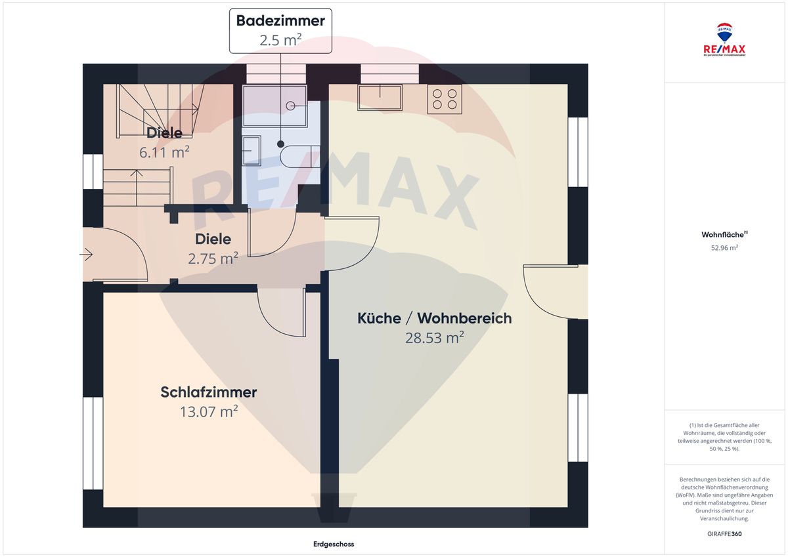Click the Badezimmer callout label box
280,30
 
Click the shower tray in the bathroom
274,105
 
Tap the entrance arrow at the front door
86,254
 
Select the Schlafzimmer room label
208,392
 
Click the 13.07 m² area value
208,412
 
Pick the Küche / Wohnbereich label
434,318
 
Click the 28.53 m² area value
434,338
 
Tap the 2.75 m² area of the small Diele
213,258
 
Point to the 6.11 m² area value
164,152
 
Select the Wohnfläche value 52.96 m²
725,247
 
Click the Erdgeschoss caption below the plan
334,545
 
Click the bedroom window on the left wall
93,443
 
